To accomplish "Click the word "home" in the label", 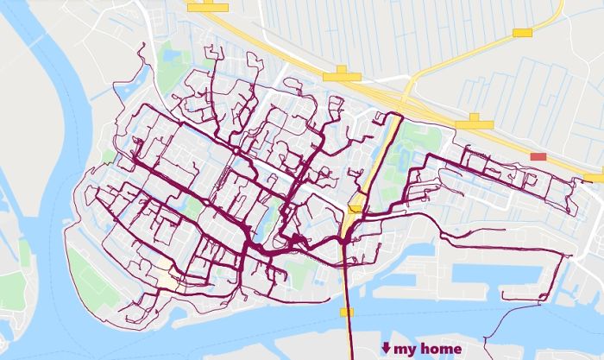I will tap(439, 349).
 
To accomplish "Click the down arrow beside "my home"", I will tap(386, 349).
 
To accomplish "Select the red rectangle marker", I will tap(538, 156).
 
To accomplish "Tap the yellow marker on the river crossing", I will tap(347, 312).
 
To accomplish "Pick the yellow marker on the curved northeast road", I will tap(522, 33).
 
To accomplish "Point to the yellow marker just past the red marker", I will tap(594, 178).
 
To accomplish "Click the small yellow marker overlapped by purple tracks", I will tap(354, 208).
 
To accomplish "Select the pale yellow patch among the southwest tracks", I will tap(164, 278).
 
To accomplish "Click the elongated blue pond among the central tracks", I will tap(265, 215).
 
